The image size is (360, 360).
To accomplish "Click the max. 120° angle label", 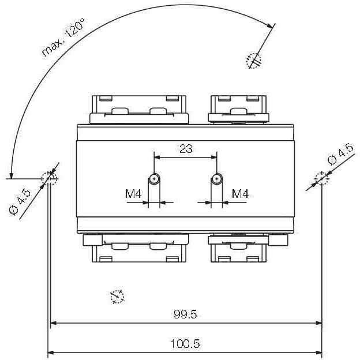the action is click(x=63, y=37).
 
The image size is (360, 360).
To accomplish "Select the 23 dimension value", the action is click(x=186, y=149).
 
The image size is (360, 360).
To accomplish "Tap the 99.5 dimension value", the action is click(x=185, y=314).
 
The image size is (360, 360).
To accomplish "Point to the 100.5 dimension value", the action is click(x=185, y=344).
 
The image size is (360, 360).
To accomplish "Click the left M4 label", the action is click(x=133, y=194).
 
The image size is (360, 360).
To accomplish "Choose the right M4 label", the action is click(x=240, y=194).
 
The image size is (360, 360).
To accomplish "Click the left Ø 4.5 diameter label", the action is click(x=20, y=202).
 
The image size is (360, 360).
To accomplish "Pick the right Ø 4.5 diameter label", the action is click(x=340, y=153).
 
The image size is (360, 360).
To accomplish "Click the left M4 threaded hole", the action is click(x=154, y=178).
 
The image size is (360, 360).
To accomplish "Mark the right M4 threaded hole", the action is click(x=217, y=178).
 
